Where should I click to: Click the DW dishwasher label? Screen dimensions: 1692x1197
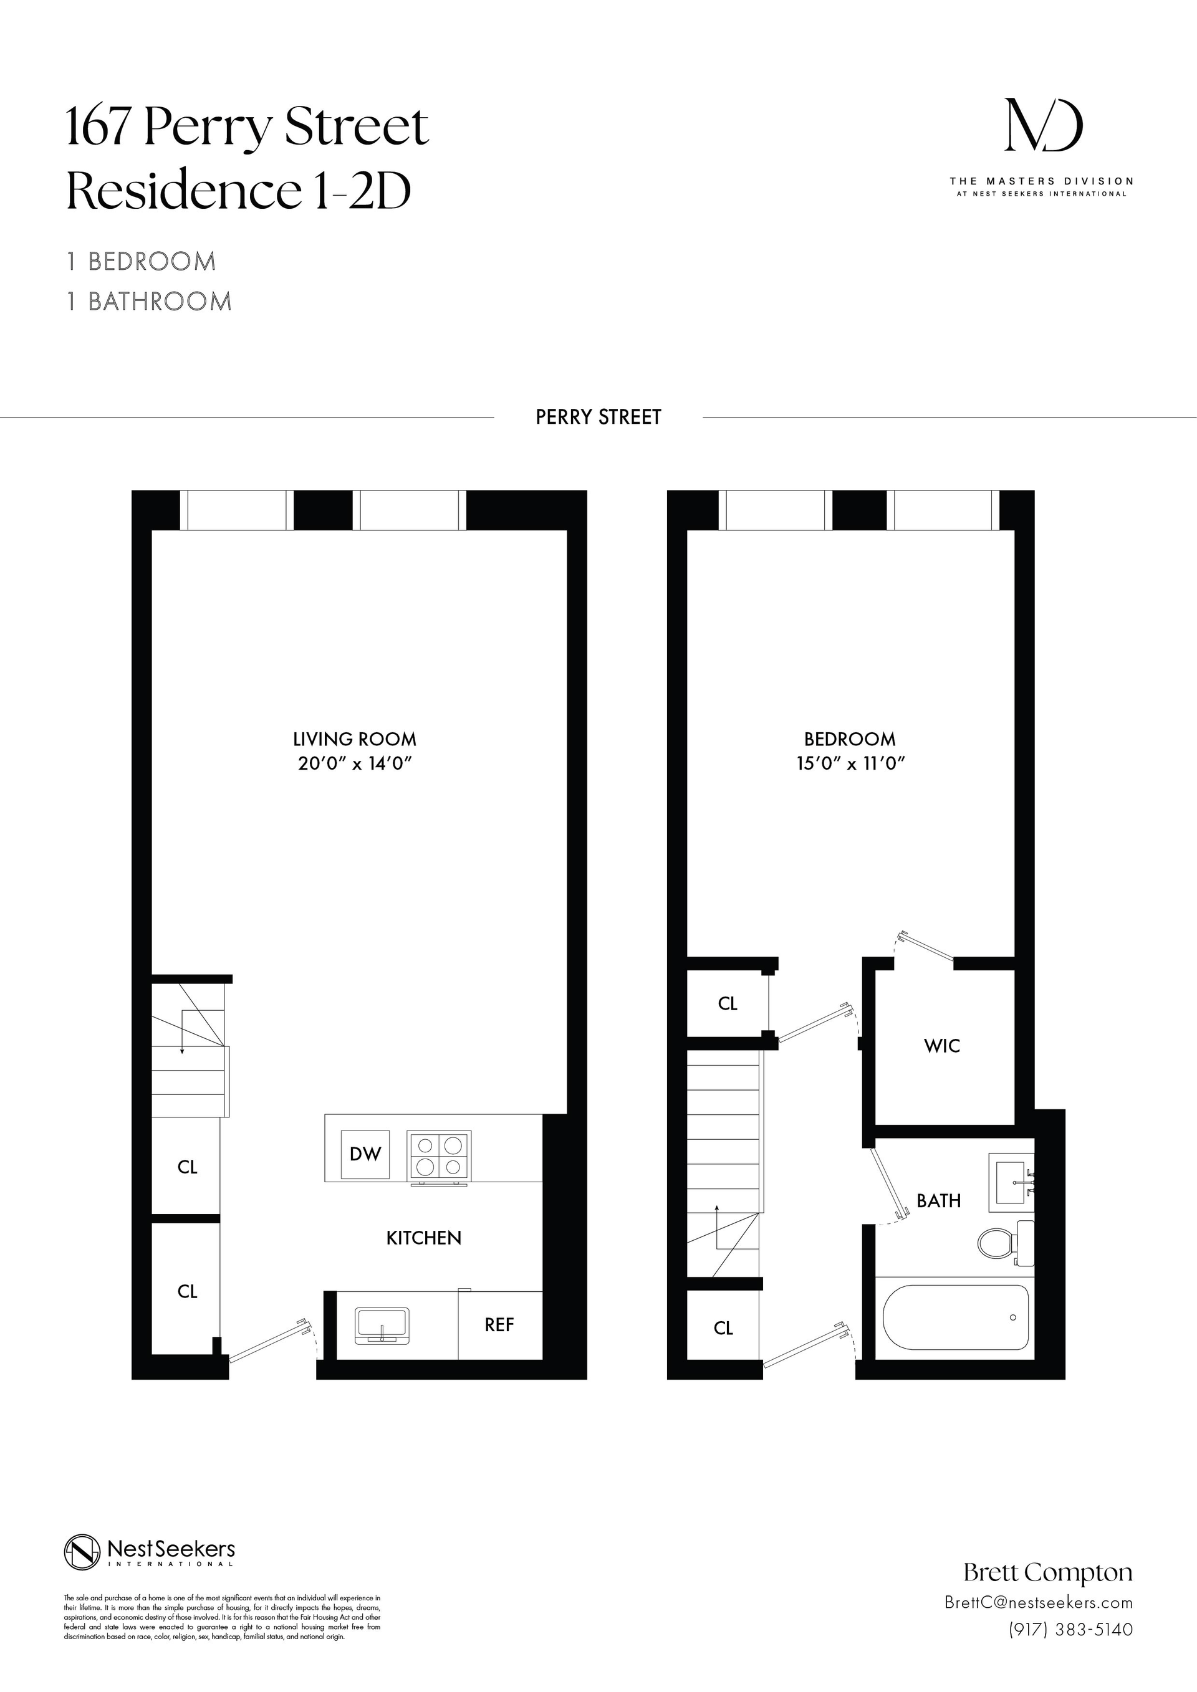point(365,1154)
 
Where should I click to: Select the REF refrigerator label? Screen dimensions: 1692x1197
point(499,1325)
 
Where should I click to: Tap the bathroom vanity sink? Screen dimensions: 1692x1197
point(1014,1182)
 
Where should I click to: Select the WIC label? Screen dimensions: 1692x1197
point(942,1046)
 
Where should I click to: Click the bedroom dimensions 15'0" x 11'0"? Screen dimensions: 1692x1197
point(850,763)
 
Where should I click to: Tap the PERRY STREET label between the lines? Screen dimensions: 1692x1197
point(598,417)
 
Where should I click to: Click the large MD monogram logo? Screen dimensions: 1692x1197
point(1044,127)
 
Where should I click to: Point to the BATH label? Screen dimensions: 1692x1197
point(938,1201)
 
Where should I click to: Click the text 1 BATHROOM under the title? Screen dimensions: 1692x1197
point(149,302)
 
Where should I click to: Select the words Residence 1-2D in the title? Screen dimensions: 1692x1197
point(239,191)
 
